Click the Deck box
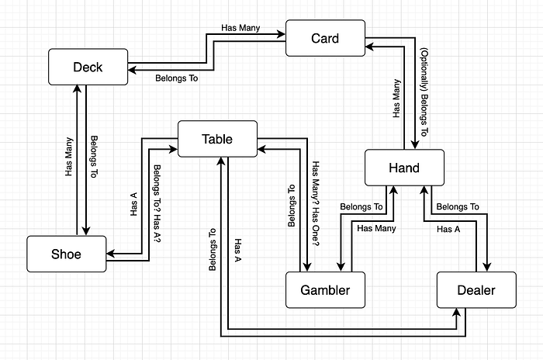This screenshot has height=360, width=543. coord(88,67)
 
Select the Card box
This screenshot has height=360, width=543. coord(325,38)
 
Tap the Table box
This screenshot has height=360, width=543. coord(217,139)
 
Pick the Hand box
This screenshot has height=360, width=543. coord(404,168)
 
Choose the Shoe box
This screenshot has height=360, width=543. coord(67,254)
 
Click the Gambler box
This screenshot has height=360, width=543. coord(325,290)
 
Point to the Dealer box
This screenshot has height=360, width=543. coord(476,290)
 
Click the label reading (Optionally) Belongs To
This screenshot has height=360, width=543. coord(424,92)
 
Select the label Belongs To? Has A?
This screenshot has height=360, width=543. coord(157,203)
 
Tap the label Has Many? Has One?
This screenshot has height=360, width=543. coord(316,203)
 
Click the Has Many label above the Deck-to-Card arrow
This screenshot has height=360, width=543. coord(240,28)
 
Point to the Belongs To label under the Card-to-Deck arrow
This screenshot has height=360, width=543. coord(177,78)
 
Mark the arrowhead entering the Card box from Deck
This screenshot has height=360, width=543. coord(281,34)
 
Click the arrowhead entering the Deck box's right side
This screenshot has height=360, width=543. coord(133,70)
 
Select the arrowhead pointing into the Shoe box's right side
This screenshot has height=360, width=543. coord(111,254)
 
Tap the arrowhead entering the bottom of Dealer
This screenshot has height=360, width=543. coord(457,313)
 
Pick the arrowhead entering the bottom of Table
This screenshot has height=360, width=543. coord(221,161)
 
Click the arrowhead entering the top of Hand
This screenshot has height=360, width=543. coord(415,145)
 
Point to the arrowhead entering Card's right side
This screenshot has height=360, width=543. coord(369,47)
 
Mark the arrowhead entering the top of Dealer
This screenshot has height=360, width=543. coord(487,267)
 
